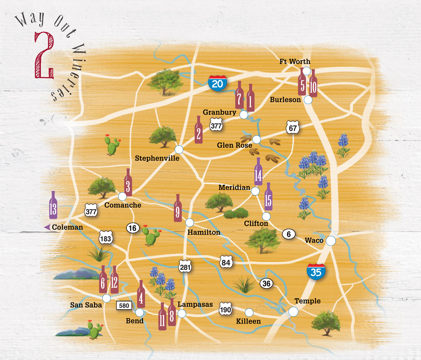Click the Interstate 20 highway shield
coord(217,84)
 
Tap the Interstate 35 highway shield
coord(316,272)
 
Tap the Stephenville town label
coord(157,158)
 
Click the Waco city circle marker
coord(330,241)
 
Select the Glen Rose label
coord(234,145)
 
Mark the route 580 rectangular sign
coord(124,306)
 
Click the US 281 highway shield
coord(185,267)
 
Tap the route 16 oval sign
coord(132,228)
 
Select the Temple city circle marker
coord(293,311)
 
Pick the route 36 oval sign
coord(266,283)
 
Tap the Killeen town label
coord(248,321)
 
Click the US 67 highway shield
coord(293,128)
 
